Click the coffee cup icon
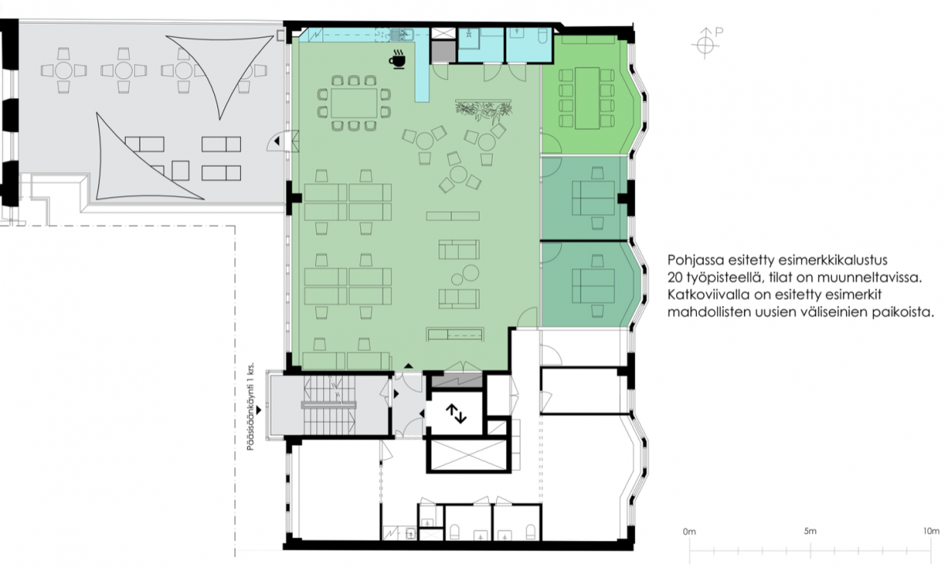(x=397, y=58)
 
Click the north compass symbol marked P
(x=706, y=43)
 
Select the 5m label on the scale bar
(x=810, y=531)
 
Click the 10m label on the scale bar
(x=931, y=531)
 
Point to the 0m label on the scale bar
(x=690, y=532)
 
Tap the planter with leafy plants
(x=483, y=111)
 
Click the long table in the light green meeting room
(x=587, y=98)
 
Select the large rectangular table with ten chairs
(x=354, y=103)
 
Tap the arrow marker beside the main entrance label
(x=258, y=410)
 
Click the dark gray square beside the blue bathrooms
(x=443, y=52)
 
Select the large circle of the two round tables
(x=470, y=273)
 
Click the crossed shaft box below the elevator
(x=468, y=455)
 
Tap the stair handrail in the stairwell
(x=329, y=405)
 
